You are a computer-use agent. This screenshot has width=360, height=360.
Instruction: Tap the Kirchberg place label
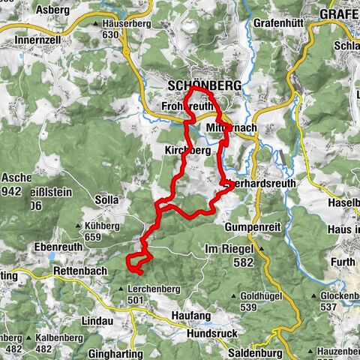coord(187,150)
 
